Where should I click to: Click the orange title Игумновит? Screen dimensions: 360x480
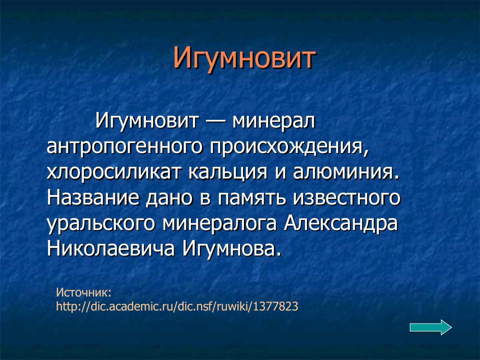tap(244, 58)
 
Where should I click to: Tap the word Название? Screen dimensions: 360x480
tap(93, 198)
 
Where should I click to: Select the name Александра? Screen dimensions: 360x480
tap(341, 223)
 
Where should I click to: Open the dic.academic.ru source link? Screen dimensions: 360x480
tap(177, 306)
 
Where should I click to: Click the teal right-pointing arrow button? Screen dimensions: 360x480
tap(430, 327)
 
